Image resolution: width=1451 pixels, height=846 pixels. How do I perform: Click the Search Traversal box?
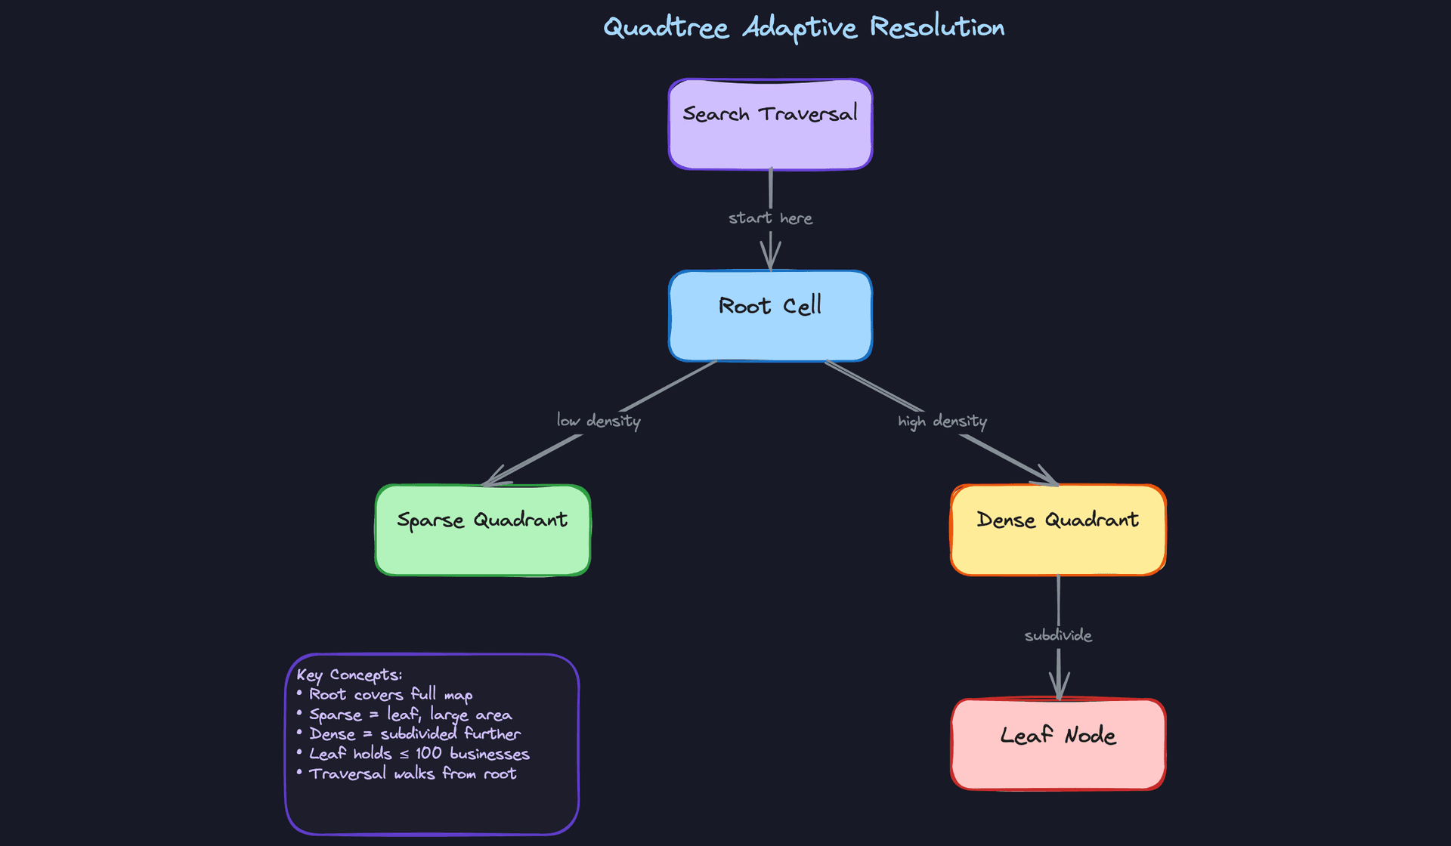coord(770,125)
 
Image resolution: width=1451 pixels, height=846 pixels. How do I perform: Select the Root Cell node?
coord(770,316)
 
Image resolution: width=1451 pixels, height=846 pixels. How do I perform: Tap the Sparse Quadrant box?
coord(482,530)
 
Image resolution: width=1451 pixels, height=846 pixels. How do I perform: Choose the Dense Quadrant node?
coord(1058,530)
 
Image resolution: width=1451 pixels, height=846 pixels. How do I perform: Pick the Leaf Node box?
coord(1058,745)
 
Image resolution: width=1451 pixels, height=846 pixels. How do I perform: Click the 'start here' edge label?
coord(770,218)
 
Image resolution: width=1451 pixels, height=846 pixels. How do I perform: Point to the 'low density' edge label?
coord(599,421)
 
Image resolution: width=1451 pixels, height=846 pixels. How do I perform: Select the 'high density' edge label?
coord(942,421)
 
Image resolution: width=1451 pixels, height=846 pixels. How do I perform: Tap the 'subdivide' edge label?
coord(1058,635)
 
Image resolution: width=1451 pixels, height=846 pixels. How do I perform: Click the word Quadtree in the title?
coord(666,28)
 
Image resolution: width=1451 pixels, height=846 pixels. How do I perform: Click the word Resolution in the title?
coord(937,27)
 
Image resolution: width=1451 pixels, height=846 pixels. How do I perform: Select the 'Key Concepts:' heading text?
coord(349,675)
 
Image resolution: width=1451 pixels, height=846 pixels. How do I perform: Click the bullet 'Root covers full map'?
coord(391,695)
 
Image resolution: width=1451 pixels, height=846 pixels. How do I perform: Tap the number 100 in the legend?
coord(428,753)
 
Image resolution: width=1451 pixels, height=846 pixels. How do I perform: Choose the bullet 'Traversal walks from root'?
coord(413,773)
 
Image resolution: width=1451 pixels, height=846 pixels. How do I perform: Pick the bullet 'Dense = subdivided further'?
coord(414,733)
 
